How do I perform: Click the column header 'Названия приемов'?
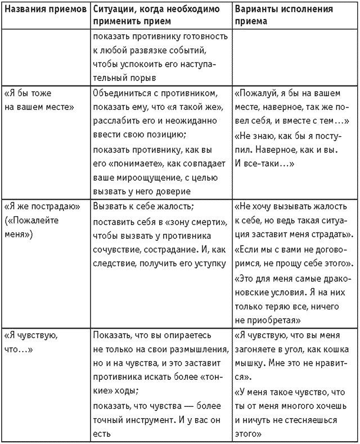pyautogui.click(x=45, y=10)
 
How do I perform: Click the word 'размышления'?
pyautogui.click(x=193, y=348)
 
